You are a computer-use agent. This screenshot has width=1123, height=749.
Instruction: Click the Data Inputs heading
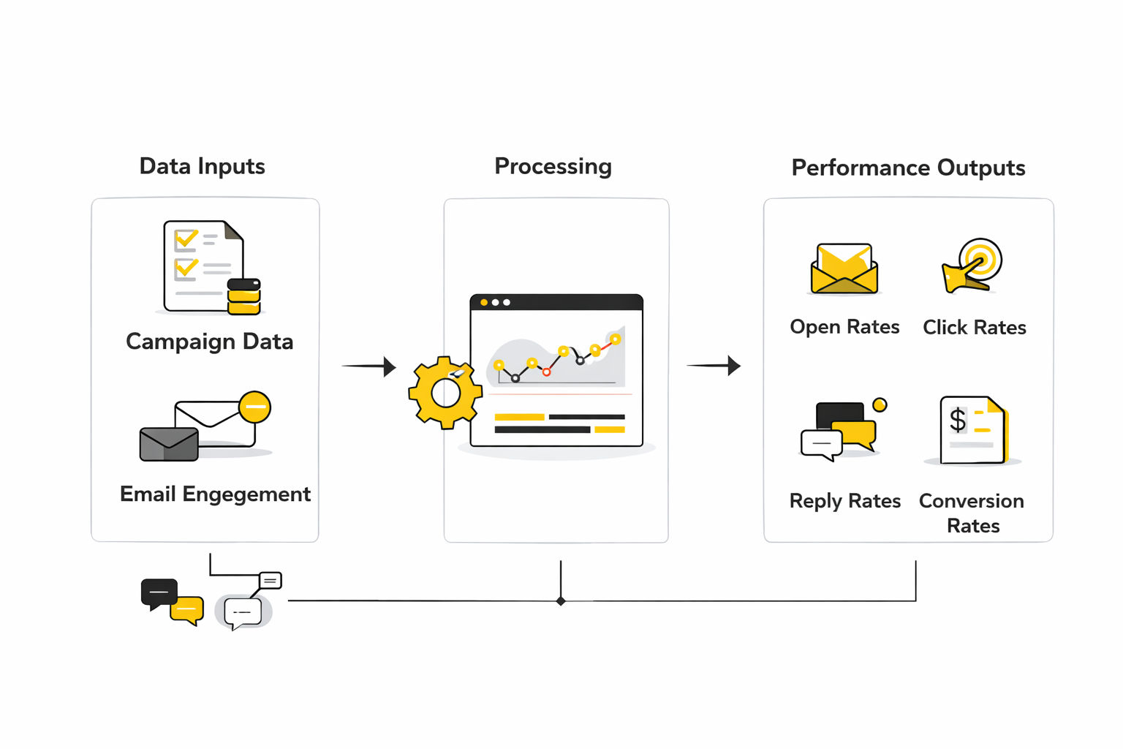[202, 167]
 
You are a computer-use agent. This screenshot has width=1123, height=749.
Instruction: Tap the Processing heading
[553, 167]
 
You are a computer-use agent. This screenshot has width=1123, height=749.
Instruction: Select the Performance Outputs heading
[908, 168]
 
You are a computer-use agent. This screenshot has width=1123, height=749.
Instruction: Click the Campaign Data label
[209, 342]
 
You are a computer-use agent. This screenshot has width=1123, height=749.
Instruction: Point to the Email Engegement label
[215, 494]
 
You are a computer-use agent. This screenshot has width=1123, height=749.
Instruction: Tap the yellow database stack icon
[244, 296]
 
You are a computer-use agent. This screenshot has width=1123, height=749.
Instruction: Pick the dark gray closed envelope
[169, 444]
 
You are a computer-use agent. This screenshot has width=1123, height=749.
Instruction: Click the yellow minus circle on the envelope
[255, 407]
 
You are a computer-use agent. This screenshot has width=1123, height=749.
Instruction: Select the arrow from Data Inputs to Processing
[368, 366]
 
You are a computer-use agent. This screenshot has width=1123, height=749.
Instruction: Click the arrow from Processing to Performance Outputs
[714, 365]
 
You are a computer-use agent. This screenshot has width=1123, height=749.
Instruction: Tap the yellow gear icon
[445, 393]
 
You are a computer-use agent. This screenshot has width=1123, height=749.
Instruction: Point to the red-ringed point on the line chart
[546, 372]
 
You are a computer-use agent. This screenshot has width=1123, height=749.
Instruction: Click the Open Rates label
[844, 327]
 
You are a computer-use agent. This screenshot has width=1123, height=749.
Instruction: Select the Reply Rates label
[844, 501]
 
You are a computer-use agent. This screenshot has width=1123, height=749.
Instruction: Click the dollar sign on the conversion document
[957, 421]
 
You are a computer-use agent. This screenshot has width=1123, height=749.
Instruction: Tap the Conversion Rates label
[972, 513]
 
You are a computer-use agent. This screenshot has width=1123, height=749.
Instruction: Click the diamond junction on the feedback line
[561, 601]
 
